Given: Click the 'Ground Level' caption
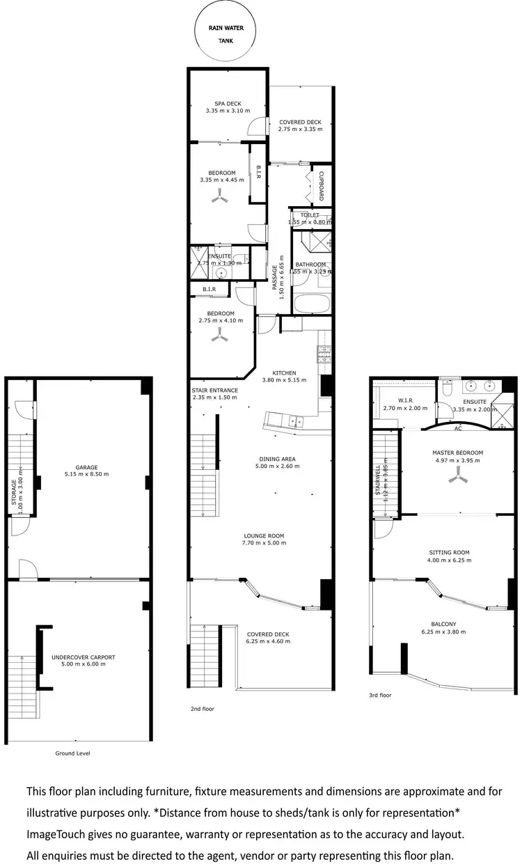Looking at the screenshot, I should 72,753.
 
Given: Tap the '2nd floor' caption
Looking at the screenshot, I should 202,709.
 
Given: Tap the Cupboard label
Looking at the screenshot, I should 322,187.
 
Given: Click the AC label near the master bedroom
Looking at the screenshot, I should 458,429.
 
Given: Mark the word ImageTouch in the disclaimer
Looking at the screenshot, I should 55,834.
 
